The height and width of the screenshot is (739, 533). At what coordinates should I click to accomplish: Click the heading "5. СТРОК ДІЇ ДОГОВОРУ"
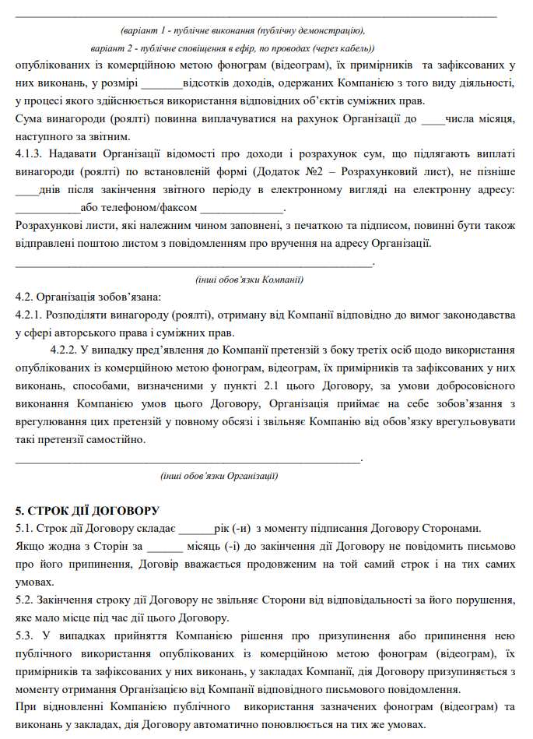tap(87, 511)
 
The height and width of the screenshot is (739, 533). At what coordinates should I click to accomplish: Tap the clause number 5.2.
tap(25, 600)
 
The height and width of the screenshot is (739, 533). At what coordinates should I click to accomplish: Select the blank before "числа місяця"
tap(432, 118)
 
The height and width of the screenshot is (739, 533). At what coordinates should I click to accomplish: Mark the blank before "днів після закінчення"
tap(26, 189)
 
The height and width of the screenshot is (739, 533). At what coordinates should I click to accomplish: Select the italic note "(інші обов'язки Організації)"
tap(219, 475)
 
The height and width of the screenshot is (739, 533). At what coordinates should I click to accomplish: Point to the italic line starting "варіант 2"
tap(226, 48)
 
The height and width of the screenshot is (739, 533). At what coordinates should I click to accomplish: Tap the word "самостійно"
tap(118, 440)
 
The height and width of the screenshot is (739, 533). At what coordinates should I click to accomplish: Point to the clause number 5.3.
tap(25, 636)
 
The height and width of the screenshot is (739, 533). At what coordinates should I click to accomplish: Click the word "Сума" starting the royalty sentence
tap(29, 118)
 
